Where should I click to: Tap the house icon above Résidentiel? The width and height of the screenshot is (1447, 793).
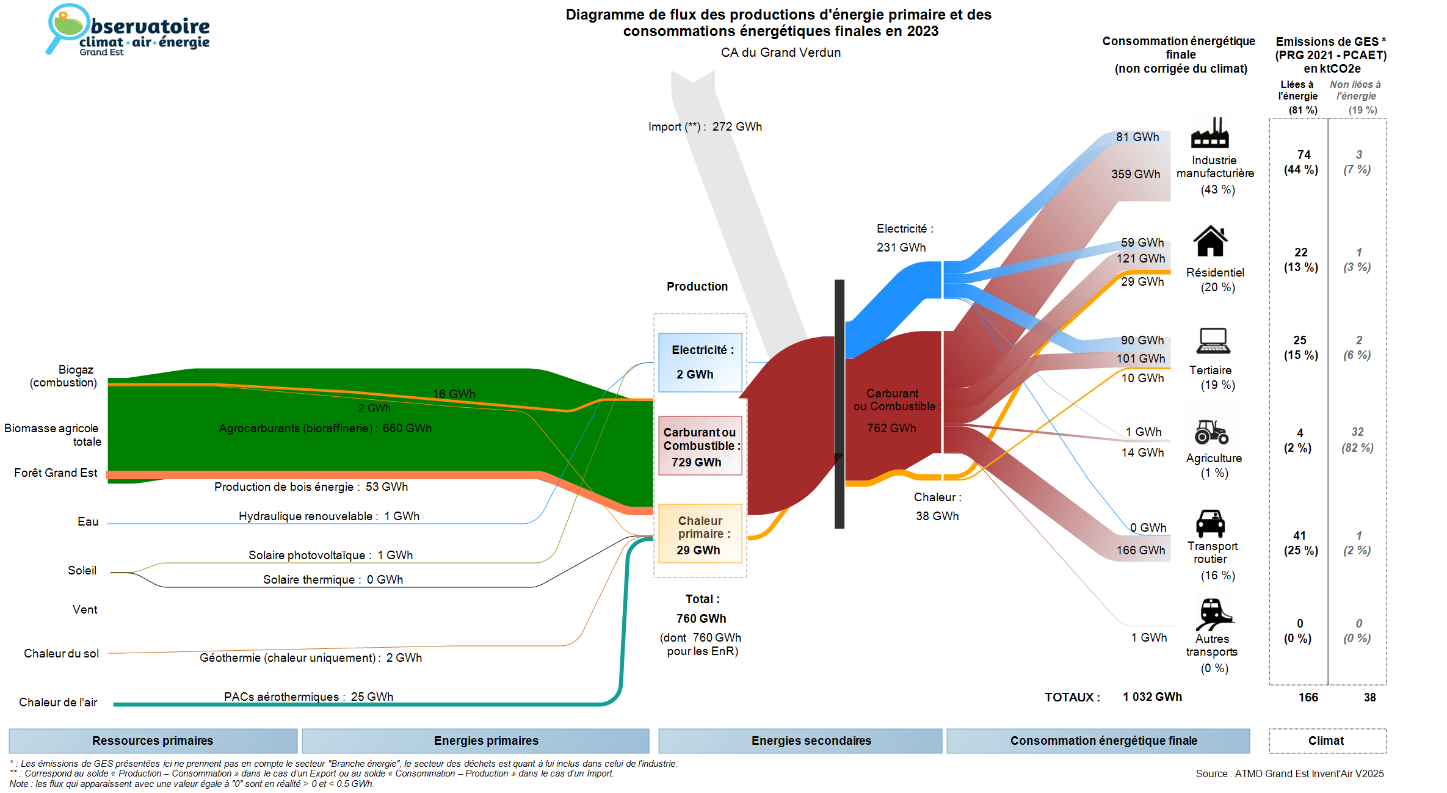coord(1210,241)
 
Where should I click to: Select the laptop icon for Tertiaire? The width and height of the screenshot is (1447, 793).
coord(1213,341)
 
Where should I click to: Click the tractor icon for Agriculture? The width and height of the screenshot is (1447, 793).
coord(1211,432)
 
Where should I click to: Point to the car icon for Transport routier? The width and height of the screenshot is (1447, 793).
coord(1210,523)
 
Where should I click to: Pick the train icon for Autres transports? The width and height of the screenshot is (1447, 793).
coord(1213,614)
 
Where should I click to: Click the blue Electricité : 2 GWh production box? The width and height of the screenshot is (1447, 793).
coord(700,362)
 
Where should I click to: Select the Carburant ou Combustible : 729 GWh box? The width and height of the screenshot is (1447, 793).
coord(700,446)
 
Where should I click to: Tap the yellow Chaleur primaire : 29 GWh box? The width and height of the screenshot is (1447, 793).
coord(700,534)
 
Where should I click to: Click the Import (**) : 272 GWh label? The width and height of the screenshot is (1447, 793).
coord(705,127)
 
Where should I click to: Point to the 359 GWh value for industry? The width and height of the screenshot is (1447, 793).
coord(1136,175)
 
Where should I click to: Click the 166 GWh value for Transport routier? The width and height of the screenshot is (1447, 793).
coord(1141,551)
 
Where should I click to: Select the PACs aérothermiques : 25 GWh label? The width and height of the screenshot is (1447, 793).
coord(308,697)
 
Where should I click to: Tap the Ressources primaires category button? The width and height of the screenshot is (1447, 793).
coord(153,741)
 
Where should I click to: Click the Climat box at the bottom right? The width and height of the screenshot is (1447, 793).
coord(1326,741)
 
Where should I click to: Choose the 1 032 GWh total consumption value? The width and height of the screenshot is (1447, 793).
coord(1152,697)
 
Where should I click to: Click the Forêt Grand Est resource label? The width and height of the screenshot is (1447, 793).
coord(56,473)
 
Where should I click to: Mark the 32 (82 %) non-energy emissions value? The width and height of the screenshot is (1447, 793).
coord(1357,440)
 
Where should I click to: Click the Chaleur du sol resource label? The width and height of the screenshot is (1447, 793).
coord(61,654)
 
